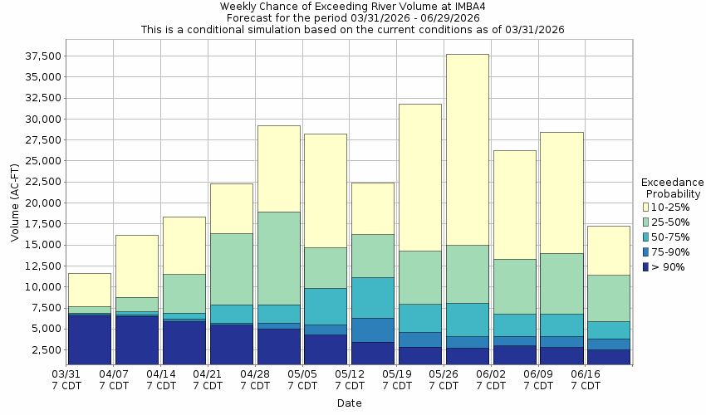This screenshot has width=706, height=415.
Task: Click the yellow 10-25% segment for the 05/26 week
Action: pyautogui.click(x=467, y=149)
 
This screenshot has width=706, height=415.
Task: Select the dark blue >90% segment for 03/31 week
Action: pyautogui.click(x=90, y=339)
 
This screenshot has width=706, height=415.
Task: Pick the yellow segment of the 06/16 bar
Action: pyautogui.click(x=608, y=250)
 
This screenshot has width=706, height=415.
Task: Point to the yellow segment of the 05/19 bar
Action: pyautogui.click(x=419, y=177)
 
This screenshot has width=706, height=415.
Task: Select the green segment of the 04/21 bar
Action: pyautogui.click(x=231, y=269)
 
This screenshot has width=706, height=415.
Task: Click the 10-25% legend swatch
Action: pyautogui.click(x=646, y=207)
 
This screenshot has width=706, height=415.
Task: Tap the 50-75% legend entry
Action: pyautogui.click(x=669, y=237)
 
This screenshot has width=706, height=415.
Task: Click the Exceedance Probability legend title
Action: pyautogui.click(x=673, y=188)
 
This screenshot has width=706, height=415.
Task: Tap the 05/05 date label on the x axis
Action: pyautogui.click(x=303, y=380)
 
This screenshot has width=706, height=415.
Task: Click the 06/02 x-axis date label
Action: pyautogui.click(x=492, y=380)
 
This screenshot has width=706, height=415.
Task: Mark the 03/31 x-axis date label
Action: pyautogui.click(x=67, y=380)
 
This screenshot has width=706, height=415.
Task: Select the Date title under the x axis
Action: pyautogui.click(x=349, y=403)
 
